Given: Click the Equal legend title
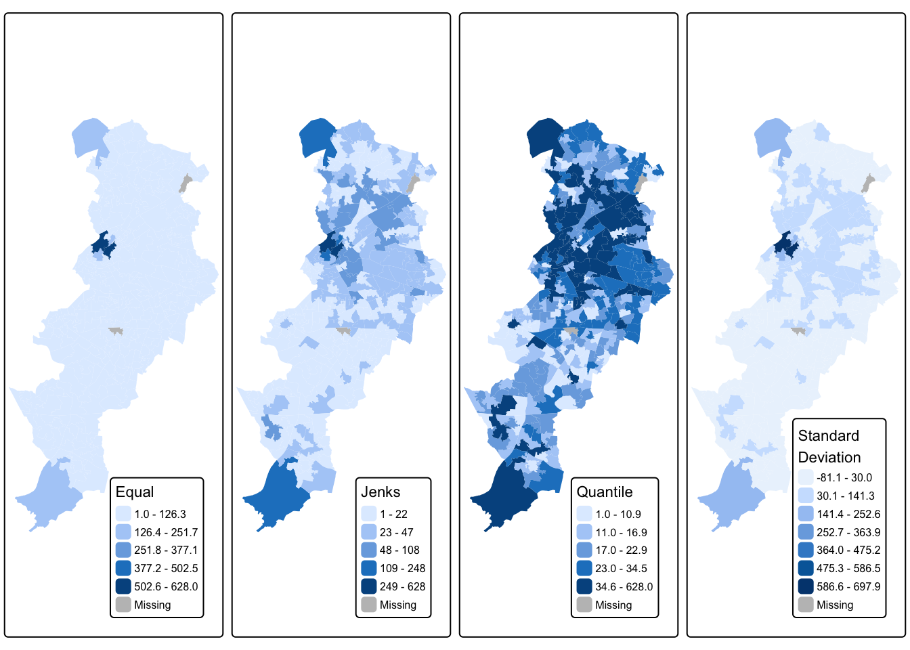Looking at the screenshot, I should pyautogui.click(x=135, y=492).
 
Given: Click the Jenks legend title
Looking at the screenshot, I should pyautogui.click(x=381, y=492).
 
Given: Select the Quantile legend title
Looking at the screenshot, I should pyautogui.click(x=605, y=492).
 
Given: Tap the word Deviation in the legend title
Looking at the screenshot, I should pyautogui.click(x=829, y=457).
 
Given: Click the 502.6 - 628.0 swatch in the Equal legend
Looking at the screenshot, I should pyautogui.click(x=123, y=586).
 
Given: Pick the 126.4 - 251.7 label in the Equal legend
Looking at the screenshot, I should pyautogui.click(x=166, y=532).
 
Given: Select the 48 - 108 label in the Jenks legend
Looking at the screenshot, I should pyautogui.click(x=399, y=550).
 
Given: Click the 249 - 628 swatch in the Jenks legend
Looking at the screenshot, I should pyautogui.click(x=369, y=586).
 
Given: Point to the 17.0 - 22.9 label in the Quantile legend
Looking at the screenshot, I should pyautogui.click(x=621, y=550).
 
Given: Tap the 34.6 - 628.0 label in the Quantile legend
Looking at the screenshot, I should pyautogui.click(x=624, y=586).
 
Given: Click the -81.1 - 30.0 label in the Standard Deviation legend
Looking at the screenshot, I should pyautogui.click(x=844, y=477).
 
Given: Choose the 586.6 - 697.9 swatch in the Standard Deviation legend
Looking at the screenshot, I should pyautogui.click(x=806, y=586).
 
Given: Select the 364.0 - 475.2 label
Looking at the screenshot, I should pyautogui.click(x=848, y=550).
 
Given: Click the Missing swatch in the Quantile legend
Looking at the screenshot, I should pyautogui.click(x=584, y=605).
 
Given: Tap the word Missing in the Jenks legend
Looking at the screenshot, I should pyautogui.click(x=398, y=605).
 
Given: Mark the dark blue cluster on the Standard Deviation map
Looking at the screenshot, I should pyautogui.click(x=785, y=246).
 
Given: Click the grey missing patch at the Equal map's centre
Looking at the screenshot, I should pyautogui.click(x=116, y=331).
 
